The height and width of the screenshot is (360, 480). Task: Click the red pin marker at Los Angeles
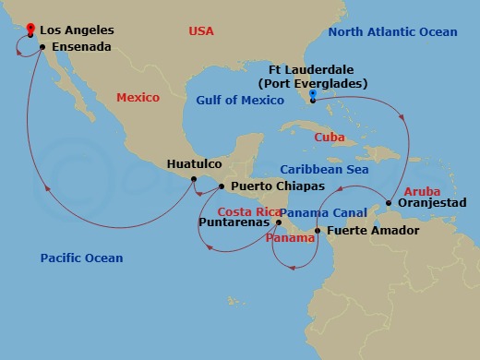[30, 30]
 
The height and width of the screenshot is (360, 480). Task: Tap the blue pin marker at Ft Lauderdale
[313, 96]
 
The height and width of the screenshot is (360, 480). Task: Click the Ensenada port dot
[42, 46]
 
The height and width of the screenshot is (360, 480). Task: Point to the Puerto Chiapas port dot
[222, 186]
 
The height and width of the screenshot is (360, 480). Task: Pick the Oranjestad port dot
[389, 203]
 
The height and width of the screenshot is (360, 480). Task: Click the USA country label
[200, 31]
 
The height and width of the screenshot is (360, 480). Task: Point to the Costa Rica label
[248, 211]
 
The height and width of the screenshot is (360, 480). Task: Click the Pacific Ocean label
[81, 258]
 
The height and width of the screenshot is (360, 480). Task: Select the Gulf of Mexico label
[239, 100]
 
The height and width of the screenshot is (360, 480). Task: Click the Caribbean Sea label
[326, 170]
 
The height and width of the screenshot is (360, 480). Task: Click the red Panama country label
[291, 237]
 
